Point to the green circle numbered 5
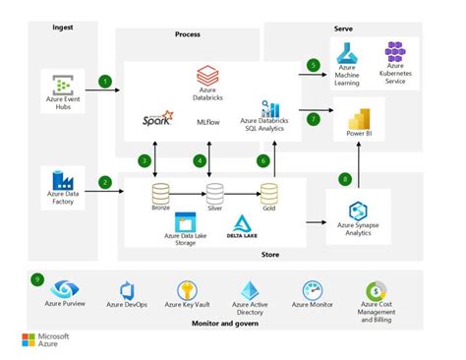click(314, 66)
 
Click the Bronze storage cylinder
click(160, 193)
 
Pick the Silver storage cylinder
click(214, 193)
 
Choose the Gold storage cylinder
click(268, 193)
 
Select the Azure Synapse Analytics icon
click(358, 210)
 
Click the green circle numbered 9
click(37, 277)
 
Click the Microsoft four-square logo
click(29, 341)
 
